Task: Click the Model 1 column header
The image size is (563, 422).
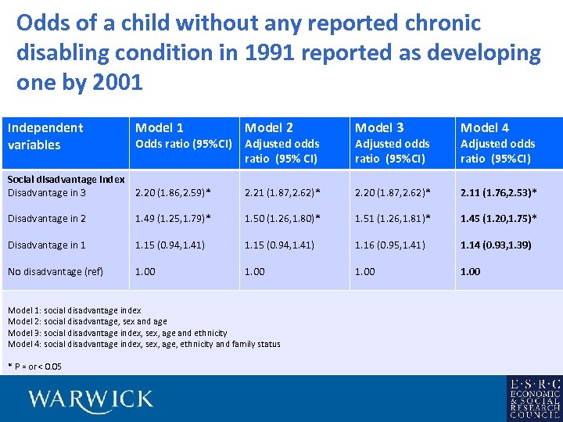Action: tap(160, 127)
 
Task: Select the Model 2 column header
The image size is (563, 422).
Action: tap(269, 127)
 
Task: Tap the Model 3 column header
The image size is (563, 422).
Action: tap(379, 127)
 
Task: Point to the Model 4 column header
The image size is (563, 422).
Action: tap(485, 127)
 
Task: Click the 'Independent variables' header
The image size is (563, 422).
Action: tap(45, 136)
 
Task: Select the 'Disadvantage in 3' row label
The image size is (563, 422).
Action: tap(47, 192)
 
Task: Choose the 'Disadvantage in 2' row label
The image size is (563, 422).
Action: tap(47, 219)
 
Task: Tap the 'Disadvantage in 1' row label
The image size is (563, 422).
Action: tap(47, 245)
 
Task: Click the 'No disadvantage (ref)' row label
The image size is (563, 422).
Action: tap(53, 272)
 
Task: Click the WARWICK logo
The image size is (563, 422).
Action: tap(91, 399)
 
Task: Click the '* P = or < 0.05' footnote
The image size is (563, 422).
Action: tap(35, 367)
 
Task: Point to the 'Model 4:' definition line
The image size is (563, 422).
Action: tap(144, 344)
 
